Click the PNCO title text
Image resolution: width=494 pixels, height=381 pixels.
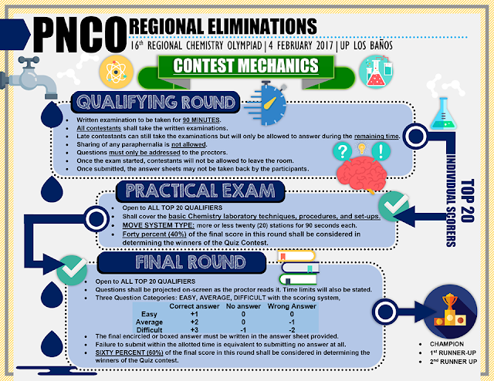pos(80,35)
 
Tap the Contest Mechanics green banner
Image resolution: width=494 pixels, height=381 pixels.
pos(246,66)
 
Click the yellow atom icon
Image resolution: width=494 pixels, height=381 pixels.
pos(117,72)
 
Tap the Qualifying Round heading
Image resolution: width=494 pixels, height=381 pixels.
pos(156,102)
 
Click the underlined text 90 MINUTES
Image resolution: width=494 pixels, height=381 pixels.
pos(201,120)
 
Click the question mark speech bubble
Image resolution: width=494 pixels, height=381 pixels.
pos(343,151)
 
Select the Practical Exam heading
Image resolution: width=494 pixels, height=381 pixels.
pos(201,190)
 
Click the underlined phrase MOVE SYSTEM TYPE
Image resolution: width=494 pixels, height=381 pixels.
pos(158,225)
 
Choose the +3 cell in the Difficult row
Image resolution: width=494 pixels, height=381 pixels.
pos(194,329)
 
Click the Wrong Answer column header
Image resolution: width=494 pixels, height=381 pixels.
pos(292,306)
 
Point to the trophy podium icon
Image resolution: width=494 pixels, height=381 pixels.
pos(450,311)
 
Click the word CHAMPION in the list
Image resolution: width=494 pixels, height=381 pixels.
pos(447,344)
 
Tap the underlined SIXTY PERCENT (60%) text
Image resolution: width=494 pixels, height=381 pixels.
pos(129,352)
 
